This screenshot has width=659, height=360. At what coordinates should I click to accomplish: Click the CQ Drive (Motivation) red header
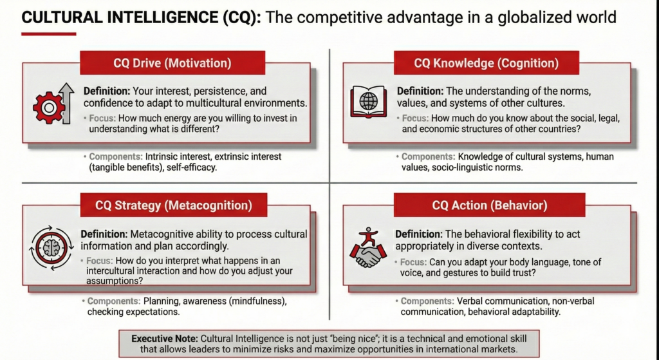pos(172,63)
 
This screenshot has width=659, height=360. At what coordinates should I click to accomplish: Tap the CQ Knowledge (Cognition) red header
pos(487,63)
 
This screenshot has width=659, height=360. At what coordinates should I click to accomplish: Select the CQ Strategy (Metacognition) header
pos(174,205)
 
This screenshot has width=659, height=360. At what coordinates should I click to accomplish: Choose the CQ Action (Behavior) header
pos(490,205)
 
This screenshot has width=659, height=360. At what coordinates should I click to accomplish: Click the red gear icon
pos(49,108)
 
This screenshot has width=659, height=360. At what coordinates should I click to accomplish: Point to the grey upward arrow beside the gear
pos(67,104)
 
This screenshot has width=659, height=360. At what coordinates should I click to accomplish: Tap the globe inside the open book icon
pos(369,101)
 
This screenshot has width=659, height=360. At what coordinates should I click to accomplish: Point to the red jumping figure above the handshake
pos(369,237)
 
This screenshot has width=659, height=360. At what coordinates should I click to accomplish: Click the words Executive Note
pos(164,339)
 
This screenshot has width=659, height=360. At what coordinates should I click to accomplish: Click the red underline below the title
pos(49,34)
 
